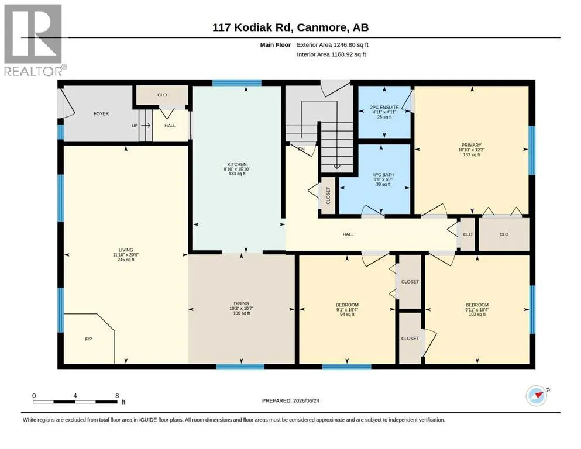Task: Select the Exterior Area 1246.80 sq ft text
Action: pos(332,45)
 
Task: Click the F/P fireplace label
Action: pos(88,339)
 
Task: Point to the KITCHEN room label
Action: pos(237,164)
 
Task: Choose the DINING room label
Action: pos(241,303)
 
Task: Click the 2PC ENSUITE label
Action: pos(384,108)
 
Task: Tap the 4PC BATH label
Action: pos(383,175)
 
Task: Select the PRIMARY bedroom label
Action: pos(472,145)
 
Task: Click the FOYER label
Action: pos(101,113)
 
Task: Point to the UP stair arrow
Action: pos(146,126)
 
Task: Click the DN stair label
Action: pos(301,149)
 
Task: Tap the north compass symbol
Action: pos(537,395)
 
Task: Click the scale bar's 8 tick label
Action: pos(117,395)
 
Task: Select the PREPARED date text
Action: pos(290,400)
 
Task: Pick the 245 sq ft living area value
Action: pos(126,260)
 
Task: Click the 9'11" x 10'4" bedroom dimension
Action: pos(477,309)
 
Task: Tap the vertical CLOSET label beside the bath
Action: pos(328,195)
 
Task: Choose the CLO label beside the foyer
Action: pos(162,95)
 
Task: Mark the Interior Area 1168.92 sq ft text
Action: pos(331,54)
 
